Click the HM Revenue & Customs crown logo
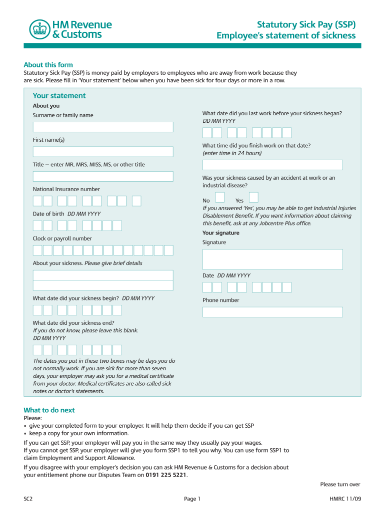point(39,29)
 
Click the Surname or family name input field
point(103,127)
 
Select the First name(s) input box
point(103,152)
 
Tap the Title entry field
point(103,176)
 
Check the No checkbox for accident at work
point(219,198)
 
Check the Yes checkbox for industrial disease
point(253,198)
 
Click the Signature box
point(272,259)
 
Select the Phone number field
point(272,312)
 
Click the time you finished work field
point(272,165)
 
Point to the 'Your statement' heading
point(59,96)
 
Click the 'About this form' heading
point(48,65)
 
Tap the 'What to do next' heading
point(49,410)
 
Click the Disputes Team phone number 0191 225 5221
point(166,475)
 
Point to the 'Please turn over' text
point(340,485)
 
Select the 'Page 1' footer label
point(192,499)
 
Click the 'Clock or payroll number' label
point(62,239)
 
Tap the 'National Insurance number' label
point(66,189)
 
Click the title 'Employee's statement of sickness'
point(286,36)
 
